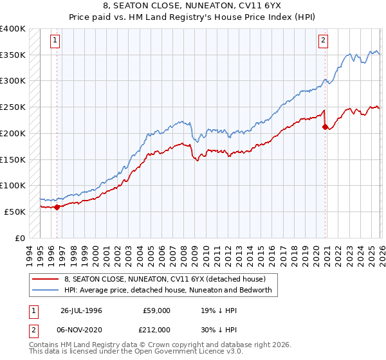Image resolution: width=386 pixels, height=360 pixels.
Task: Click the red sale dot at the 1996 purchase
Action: coord(57,207)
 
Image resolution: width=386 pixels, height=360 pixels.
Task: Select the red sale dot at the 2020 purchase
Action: coord(326,127)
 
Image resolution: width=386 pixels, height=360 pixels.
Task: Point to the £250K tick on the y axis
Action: coord(13,107)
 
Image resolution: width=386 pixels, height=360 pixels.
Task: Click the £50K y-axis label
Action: coord(15,212)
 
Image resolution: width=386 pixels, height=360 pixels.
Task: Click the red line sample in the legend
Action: coord(45,280)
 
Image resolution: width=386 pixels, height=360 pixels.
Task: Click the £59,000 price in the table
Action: coord(156,310)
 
